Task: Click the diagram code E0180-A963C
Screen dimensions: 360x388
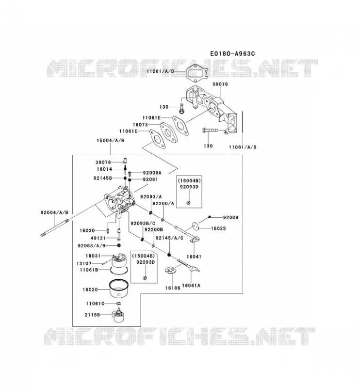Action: point(232,54)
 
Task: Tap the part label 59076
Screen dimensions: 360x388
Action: point(220,84)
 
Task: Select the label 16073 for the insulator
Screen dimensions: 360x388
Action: point(140,125)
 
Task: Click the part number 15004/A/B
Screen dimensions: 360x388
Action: point(111,140)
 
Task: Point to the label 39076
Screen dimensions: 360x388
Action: point(103,162)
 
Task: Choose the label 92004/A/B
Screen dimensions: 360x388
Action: point(54,212)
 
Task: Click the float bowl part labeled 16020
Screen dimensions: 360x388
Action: point(119,288)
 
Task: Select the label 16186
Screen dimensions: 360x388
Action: point(173,288)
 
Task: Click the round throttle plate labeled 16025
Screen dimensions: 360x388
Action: point(196,226)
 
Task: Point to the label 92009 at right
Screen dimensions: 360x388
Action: point(230,217)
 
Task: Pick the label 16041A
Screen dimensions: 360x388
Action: point(191,285)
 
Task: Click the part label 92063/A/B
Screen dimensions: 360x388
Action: point(92,245)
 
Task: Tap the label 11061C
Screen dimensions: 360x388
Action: point(95,304)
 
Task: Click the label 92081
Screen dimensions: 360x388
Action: point(150,179)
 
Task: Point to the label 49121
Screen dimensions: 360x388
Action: point(98,238)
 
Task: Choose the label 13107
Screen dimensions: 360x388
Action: point(84,263)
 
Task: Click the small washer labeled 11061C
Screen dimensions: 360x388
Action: point(118,304)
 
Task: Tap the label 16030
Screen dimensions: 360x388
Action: point(87,230)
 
